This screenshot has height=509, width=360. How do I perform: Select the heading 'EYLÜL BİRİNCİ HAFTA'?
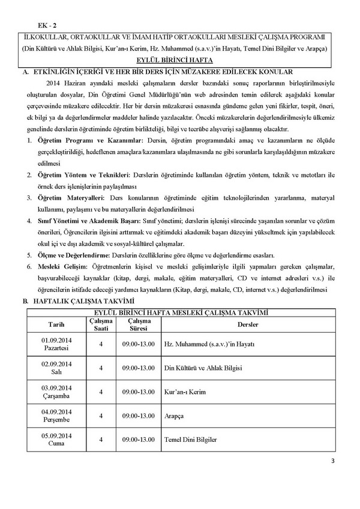180,61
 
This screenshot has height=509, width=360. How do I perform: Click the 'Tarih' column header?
56,324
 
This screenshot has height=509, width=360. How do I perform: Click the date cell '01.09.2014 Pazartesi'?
56,344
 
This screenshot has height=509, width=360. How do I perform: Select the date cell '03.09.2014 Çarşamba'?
56,391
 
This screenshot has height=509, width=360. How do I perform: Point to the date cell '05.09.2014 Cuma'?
56,439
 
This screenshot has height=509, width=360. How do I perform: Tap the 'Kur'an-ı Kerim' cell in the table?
184,391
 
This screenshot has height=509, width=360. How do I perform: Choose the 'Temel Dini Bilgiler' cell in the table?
190,439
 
